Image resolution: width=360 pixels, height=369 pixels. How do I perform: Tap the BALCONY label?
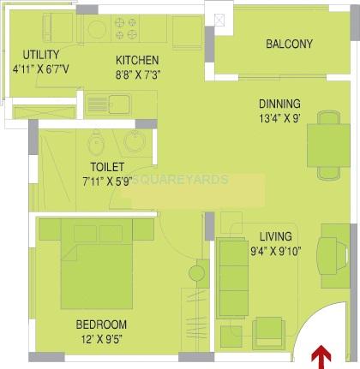point(289,45)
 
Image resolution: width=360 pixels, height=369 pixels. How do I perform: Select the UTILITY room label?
point(30,54)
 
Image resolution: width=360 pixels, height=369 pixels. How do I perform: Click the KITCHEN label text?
point(137,60)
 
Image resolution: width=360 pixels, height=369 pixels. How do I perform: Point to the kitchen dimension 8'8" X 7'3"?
point(138,74)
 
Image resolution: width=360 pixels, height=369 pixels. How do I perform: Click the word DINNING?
point(279,104)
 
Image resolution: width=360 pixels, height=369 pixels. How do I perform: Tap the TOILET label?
point(109,167)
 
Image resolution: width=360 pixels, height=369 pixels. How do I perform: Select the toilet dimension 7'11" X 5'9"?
point(109,182)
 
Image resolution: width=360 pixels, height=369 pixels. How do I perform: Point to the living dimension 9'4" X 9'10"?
point(276,251)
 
